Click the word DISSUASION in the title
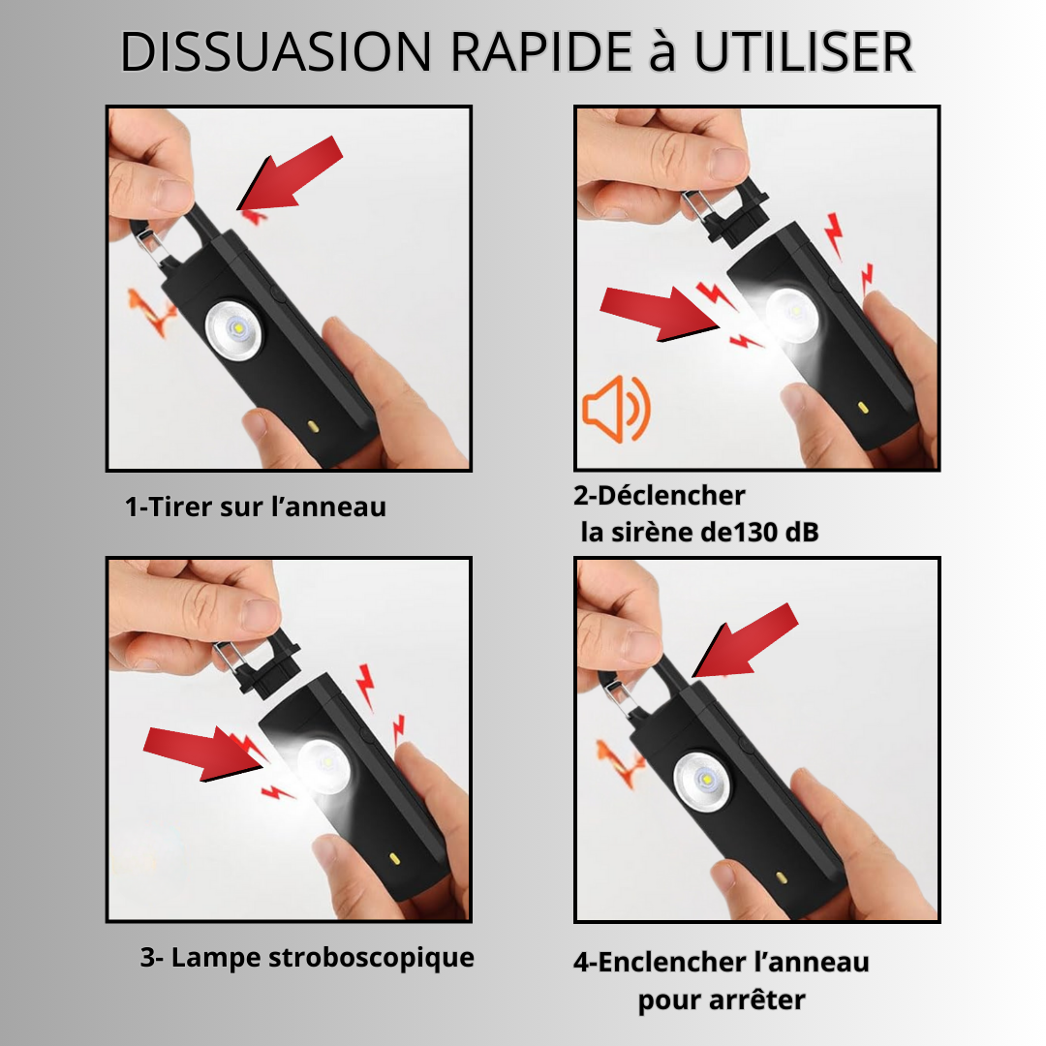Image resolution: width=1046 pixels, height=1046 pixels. [x=275, y=52]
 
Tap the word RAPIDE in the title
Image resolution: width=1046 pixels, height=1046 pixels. [x=541, y=52]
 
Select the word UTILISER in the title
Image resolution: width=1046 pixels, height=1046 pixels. [x=804, y=52]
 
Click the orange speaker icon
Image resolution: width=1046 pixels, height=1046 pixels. [x=616, y=409]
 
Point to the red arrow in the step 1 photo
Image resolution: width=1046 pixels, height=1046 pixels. [x=290, y=173]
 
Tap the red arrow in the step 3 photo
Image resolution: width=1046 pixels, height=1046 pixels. [x=202, y=752]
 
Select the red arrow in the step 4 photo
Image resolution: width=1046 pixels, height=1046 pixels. [x=745, y=640]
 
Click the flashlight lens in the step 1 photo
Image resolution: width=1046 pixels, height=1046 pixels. [x=233, y=330]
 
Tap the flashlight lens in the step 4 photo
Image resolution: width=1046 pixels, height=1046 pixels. [x=702, y=782]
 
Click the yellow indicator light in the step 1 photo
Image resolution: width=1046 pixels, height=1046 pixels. [x=313, y=425]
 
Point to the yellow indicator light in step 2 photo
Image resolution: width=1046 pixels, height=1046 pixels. [x=862, y=407]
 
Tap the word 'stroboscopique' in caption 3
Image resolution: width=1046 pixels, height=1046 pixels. [x=371, y=958]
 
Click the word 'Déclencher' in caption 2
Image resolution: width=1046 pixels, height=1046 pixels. [x=671, y=496]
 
